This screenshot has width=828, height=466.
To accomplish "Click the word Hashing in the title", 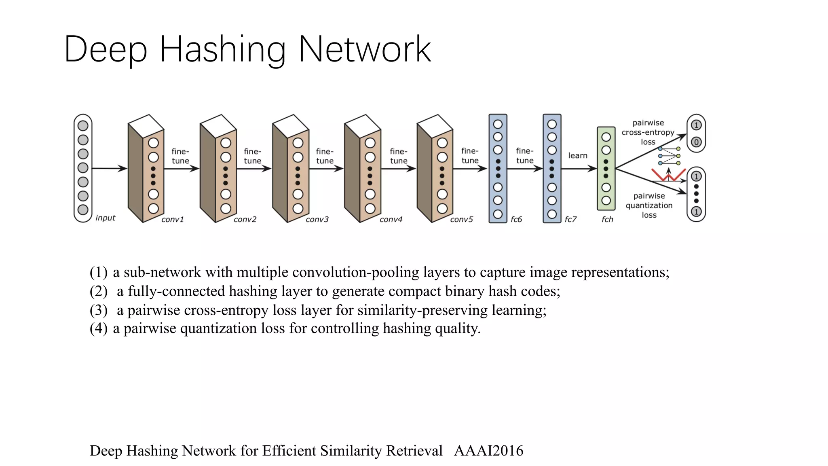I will (x=223, y=49).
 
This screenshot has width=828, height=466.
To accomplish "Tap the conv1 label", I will (x=173, y=220).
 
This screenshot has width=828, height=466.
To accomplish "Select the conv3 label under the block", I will (x=317, y=220).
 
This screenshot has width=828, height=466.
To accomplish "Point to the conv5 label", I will (x=461, y=220).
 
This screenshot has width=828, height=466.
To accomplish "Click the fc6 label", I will (x=516, y=220).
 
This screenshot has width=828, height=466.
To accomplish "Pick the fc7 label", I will (x=570, y=220).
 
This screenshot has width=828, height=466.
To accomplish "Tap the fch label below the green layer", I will (x=607, y=220).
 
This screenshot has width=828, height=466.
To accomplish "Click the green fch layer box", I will (x=606, y=168).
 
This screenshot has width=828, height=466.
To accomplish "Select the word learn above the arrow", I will (x=577, y=156).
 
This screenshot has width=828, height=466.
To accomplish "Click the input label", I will (x=105, y=218).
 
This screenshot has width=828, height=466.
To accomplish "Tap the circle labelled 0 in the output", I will (x=696, y=142).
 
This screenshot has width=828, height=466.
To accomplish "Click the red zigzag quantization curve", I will (x=668, y=175).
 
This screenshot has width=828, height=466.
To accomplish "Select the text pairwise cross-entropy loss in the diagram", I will (x=648, y=132).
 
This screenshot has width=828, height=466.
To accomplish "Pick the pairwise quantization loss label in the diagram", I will (x=649, y=205).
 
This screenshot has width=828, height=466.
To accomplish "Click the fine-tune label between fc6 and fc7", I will (x=525, y=156).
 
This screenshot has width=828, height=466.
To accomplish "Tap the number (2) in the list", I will (x=98, y=291).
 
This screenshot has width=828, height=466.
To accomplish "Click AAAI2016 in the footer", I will (x=488, y=451).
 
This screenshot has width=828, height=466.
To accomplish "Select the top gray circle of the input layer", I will (x=83, y=126).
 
